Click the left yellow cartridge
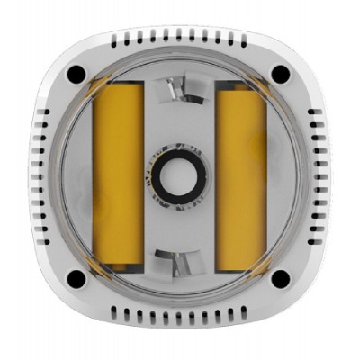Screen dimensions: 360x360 tap(120, 177)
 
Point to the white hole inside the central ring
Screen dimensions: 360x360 tap(179, 176)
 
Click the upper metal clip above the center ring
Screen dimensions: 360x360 tap(179, 89)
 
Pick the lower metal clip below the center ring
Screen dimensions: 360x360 tap(179, 263)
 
